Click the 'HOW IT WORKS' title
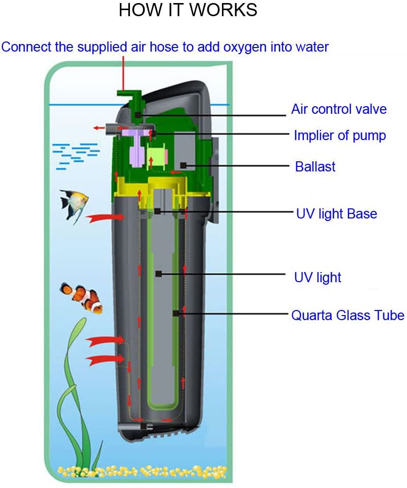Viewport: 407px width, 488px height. [188, 10]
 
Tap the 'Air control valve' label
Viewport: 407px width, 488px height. [339, 109]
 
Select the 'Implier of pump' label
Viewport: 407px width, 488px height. [340, 136]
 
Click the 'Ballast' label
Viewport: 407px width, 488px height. [315, 166]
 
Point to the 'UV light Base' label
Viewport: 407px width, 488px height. [336, 214]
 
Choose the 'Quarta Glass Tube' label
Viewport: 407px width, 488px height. [347, 315]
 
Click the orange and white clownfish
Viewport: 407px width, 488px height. [81, 298]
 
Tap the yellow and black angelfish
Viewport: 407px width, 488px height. [75, 205]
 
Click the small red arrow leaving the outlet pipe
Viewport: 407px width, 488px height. [99, 127]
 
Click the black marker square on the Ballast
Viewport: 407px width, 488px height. [184, 165]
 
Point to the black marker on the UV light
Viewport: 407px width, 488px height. [159, 274]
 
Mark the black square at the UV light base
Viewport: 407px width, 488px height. [157, 211]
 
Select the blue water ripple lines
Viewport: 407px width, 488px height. [76, 156]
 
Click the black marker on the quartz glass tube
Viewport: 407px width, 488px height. [176, 313]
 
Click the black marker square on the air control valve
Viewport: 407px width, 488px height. [138, 115]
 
